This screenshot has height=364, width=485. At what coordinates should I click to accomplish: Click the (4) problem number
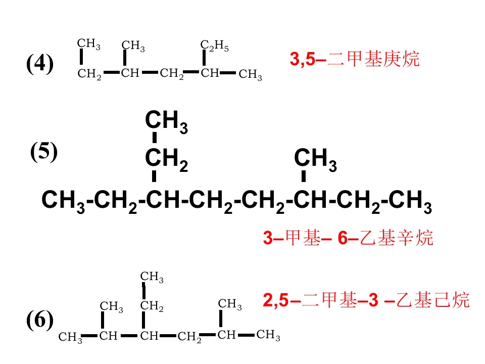[40, 63]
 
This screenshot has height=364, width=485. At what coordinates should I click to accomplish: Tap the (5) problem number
[44, 151]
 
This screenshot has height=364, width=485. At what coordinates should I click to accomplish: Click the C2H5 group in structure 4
[214, 46]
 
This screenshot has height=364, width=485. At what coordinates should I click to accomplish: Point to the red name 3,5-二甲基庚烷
[355, 59]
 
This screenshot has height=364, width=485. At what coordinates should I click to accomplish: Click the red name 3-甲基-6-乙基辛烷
[348, 238]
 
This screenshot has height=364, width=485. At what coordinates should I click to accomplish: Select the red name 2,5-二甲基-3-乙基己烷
[366, 300]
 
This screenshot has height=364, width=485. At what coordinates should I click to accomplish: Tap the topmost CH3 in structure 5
[166, 122]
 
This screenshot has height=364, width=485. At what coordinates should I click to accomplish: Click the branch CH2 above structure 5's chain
[166, 160]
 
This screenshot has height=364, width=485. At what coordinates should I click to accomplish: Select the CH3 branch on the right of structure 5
[315, 160]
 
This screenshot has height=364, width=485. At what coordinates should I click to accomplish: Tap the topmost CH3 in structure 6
[152, 277]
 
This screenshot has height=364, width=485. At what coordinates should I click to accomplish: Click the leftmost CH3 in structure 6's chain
[70, 337]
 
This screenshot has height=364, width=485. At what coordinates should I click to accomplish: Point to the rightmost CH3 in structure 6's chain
[268, 335]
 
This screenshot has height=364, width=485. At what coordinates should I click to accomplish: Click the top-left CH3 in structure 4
[89, 44]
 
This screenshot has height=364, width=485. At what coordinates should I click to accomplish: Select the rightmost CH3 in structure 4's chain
[250, 75]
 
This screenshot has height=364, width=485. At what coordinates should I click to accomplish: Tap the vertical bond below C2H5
[204, 58]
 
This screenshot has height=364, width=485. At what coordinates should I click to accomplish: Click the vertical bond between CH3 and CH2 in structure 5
[155, 138]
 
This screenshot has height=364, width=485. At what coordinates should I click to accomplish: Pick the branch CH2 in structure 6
[152, 306]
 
